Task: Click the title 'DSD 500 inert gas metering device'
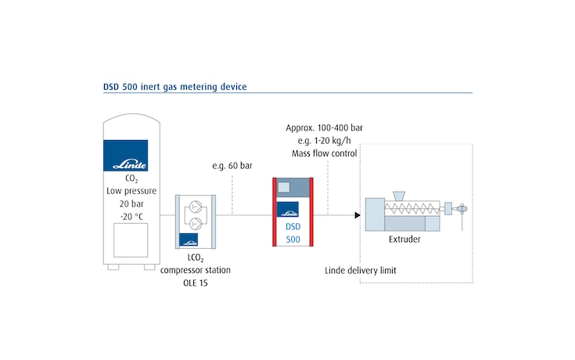[174, 86]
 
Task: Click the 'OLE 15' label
[195, 282]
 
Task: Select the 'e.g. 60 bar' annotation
[232, 167]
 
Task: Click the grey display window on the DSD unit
[285, 188]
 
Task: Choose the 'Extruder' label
[404, 239]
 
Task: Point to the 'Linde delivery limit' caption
[361, 270]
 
